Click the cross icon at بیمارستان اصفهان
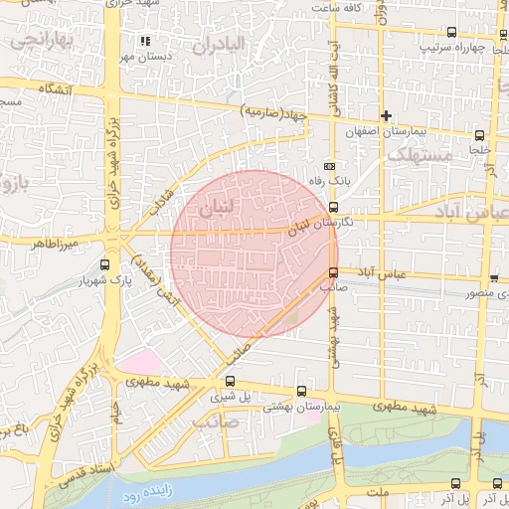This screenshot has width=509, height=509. pos(387,117)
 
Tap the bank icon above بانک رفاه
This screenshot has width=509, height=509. pos(331,166)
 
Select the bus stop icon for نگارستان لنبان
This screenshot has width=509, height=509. pos(332,208)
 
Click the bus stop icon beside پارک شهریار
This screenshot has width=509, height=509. pos(106,264)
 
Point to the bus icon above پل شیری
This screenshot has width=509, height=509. pos(231,380)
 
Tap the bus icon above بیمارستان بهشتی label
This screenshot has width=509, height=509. pos(302,391)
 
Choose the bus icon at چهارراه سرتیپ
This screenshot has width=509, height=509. pos(454,32)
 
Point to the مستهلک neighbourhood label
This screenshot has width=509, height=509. pos(419,155)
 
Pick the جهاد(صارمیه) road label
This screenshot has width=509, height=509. pos(274,114)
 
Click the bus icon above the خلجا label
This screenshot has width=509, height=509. pos(480,134)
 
